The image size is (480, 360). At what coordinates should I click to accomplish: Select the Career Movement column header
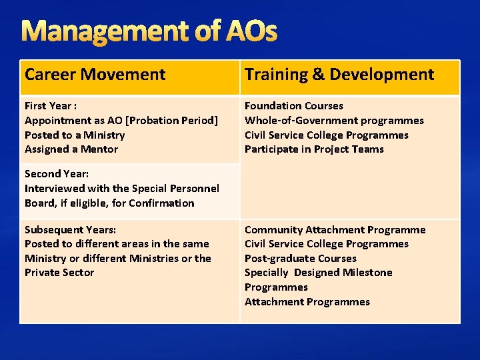click(x=95, y=75)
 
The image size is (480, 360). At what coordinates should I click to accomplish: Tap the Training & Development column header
click(x=339, y=75)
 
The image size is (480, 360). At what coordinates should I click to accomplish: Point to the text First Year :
click(x=51, y=106)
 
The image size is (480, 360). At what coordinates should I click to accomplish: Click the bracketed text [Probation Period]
click(x=171, y=121)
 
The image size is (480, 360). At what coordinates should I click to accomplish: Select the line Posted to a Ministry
click(x=75, y=135)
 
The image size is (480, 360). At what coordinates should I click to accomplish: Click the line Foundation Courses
click(x=294, y=106)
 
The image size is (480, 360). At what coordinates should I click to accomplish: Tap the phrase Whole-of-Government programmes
click(x=334, y=121)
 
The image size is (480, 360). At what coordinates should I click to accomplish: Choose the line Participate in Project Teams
click(x=314, y=149)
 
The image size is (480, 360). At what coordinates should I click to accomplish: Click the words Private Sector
click(x=59, y=273)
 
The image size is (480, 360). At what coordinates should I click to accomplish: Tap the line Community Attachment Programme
click(x=335, y=230)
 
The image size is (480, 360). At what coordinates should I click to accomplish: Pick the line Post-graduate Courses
click(x=300, y=259)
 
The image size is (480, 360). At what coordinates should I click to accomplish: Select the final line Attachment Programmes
click(x=307, y=302)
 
